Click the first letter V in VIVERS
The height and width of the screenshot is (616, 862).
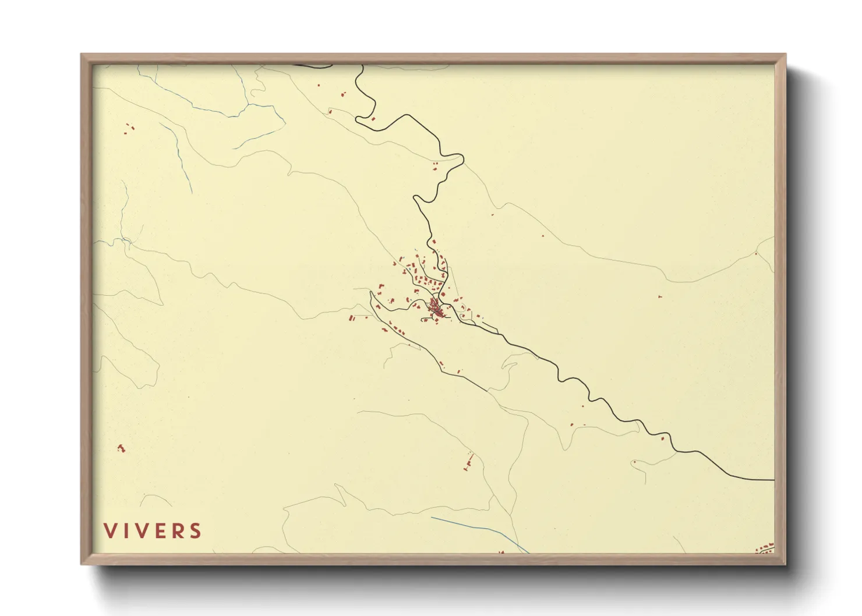tap(109, 530)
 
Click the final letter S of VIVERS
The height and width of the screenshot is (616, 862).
tap(196, 530)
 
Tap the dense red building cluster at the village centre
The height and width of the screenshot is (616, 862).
tap(436, 308)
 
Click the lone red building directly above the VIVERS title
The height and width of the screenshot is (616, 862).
tap(121, 448)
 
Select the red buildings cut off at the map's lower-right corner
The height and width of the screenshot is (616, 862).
tap(765, 548)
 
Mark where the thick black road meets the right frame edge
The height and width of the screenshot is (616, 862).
tap(773, 480)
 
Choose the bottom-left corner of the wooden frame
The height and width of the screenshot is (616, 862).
tap(82, 563)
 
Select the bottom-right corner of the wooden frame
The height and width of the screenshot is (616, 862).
tap(785, 563)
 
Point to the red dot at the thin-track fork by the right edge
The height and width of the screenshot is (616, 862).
tap(756, 253)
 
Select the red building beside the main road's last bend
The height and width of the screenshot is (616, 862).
tap(663, 438)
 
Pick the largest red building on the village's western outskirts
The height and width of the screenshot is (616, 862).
tap(352, 318)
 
